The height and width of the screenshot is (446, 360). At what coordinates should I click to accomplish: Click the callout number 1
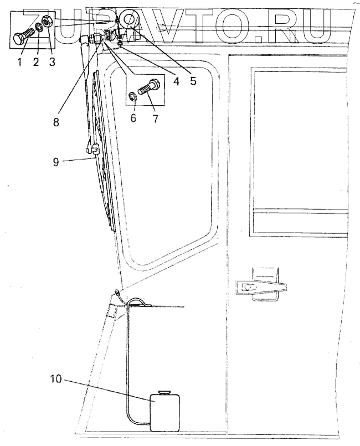click(19, 61)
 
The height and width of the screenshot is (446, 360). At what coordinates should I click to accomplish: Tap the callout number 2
click(36, 61)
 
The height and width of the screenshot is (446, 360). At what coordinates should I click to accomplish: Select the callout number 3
click(52, 61)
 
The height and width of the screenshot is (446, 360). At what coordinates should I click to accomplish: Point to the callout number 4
click(176, 81)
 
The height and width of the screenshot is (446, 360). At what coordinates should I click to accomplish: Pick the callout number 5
click(193, 81)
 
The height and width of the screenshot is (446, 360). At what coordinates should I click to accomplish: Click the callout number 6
click(133, 118)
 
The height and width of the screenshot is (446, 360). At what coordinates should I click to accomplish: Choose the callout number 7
click(156, 118)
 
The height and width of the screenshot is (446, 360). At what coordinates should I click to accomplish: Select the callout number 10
click(57, 380)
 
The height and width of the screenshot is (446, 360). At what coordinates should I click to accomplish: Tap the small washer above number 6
click(133, 95)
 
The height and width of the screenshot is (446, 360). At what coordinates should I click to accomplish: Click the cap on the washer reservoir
click(164, 392)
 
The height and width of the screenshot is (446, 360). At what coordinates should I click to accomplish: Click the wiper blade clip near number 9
click(94, 148)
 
